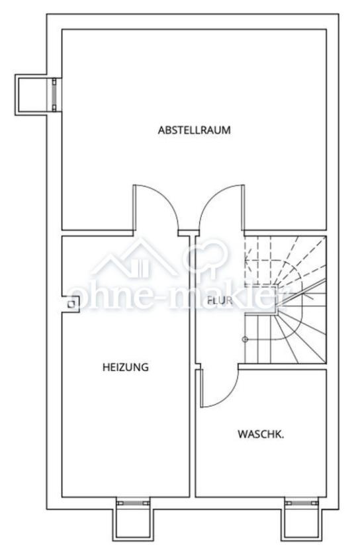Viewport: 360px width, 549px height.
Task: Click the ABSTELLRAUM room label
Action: [x=195, y=130]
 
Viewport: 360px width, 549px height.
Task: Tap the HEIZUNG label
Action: [x=126, y=367]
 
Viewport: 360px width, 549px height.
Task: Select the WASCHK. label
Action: [x=261, y=435]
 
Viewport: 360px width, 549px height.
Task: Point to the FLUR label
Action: [x=220, y=300]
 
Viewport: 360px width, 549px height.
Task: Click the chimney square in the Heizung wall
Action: [x=71, y=304]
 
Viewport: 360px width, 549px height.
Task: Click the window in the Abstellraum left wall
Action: [x=54, y=95]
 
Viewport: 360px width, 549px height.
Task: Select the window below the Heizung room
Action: [x=133, y=503]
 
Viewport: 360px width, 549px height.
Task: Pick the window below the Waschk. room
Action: [x=302, y=503]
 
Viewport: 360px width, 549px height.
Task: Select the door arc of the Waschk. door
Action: [x=230, y=396]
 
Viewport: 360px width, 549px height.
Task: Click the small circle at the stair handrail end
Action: [x=245, y=339]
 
